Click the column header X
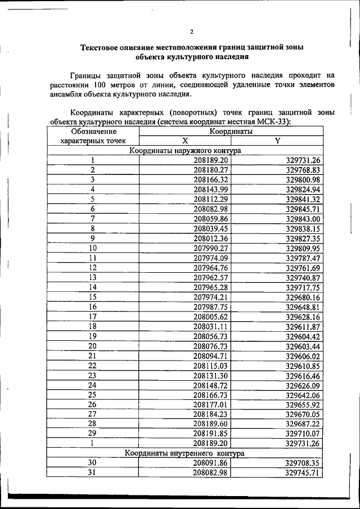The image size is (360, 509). point(184,141)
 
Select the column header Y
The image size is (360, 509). point(277,141)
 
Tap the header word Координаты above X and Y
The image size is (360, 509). point(231,131)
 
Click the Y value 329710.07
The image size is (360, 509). point(303,434)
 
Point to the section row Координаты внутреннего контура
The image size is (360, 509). point(184,453)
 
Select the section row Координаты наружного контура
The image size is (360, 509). point(184,151)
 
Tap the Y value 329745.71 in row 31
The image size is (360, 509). point(303,473)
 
